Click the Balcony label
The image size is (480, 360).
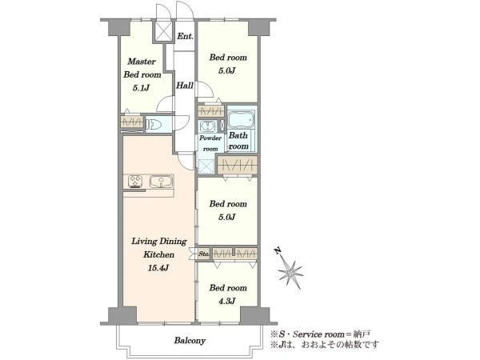click(190, 341)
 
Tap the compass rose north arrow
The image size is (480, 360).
click(289, 270)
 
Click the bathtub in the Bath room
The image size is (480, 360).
click(241, 119)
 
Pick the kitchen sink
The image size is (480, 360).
click(161, 182)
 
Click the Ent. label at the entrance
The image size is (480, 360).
click(186, 37)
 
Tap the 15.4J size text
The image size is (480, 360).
click(158, 268)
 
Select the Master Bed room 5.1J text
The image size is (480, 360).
click(142, 74)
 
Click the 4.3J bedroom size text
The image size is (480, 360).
click(227, 302)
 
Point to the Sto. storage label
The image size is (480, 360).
click(204, 254)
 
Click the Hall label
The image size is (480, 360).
click(185, 86)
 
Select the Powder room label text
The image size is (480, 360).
click(210, 143)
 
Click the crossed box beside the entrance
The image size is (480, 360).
click(163, 31)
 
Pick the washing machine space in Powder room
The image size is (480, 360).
click(206, 166)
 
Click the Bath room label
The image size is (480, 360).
click(238, 141)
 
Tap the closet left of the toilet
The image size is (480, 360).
click(132, 122)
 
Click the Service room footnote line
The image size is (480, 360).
click(321, 334)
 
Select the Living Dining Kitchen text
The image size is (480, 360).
click(159, 248)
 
